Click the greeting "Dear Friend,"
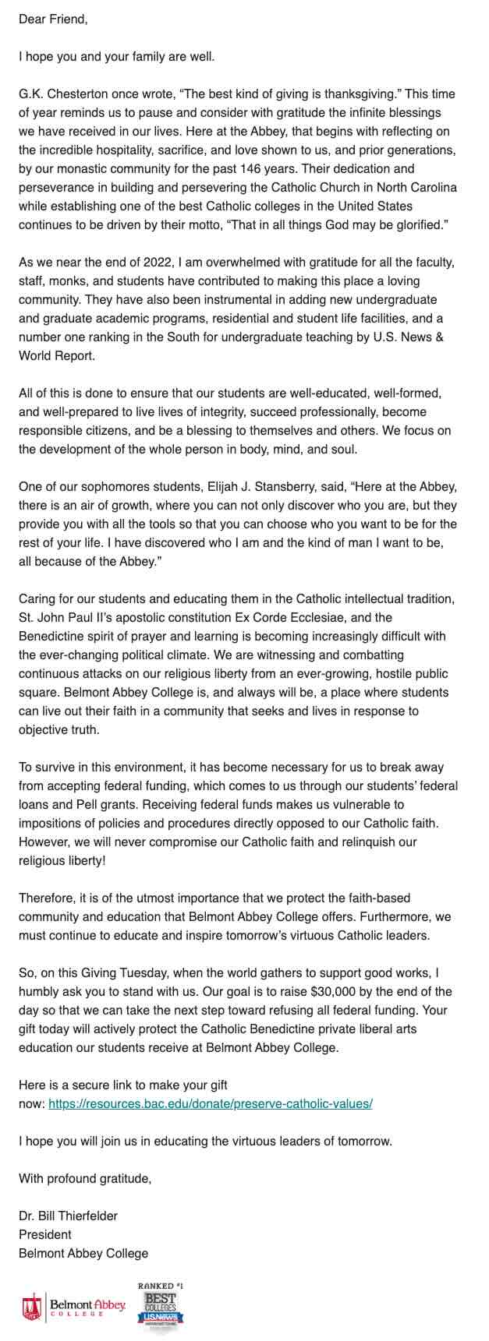(53, 19)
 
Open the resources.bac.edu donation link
(211, 1104)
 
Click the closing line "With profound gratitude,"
(85, 1179)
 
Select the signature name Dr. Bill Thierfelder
(69, 1216)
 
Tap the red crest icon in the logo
(32, 1306)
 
